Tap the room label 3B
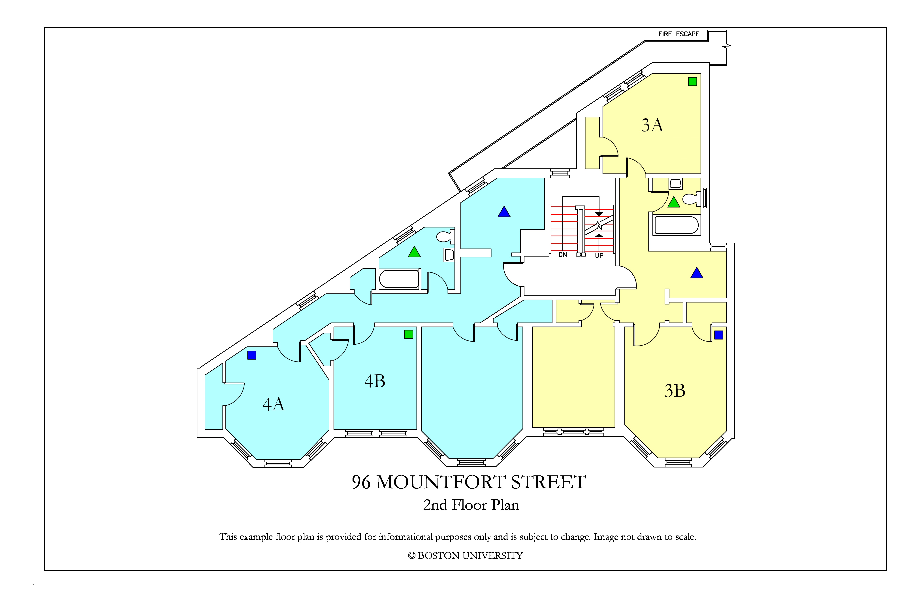pos(675,391)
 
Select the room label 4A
pos(274,404)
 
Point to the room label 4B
pos(375,381)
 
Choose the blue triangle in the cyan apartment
pos(504,212)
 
